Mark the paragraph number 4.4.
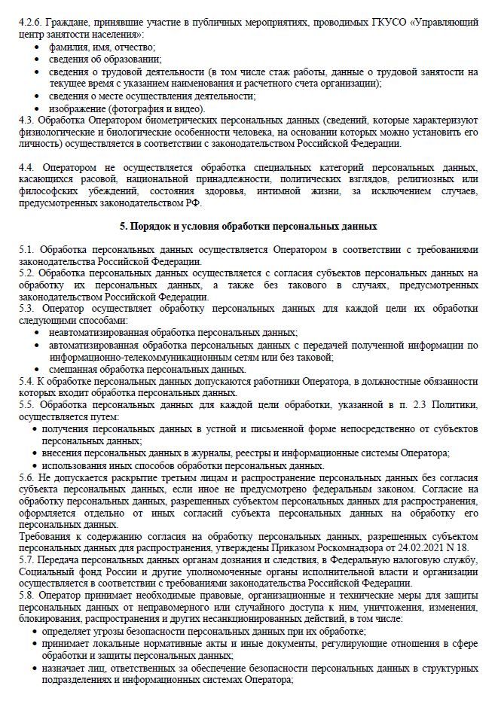tap(27, 166)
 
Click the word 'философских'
tap(44, 193)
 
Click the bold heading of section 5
tap(249, 227)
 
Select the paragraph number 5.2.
tap(26, 273)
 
